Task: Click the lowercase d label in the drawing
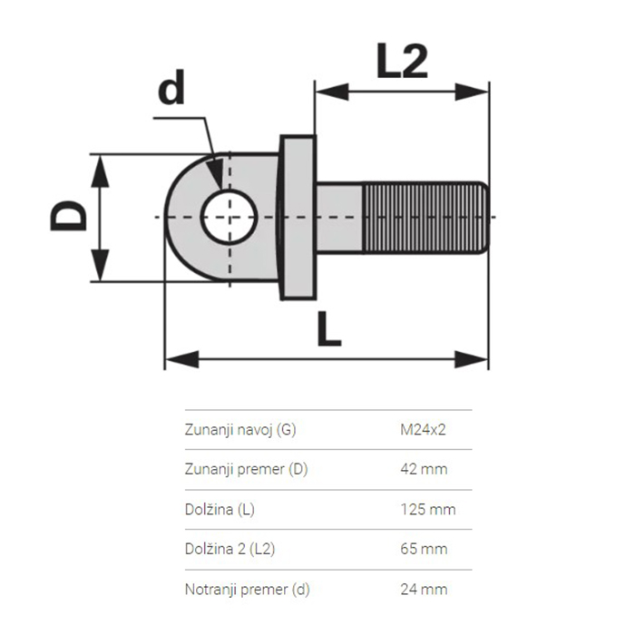click(171, 90)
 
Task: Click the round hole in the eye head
click(230, 218)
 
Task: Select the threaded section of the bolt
click(426, 218)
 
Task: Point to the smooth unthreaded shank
click(339, 218)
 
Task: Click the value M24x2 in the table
click(423, 429)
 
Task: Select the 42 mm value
click(424, 469)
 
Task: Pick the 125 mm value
click(427, 509)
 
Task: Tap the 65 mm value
click(424, 549)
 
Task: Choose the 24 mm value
click(424, 589)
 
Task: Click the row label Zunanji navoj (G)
click(239, 429)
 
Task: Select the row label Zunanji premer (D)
click(245, 469)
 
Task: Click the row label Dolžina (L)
click(220, 509)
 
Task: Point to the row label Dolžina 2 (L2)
click(230, 549)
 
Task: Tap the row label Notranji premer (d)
click(247, 589)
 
